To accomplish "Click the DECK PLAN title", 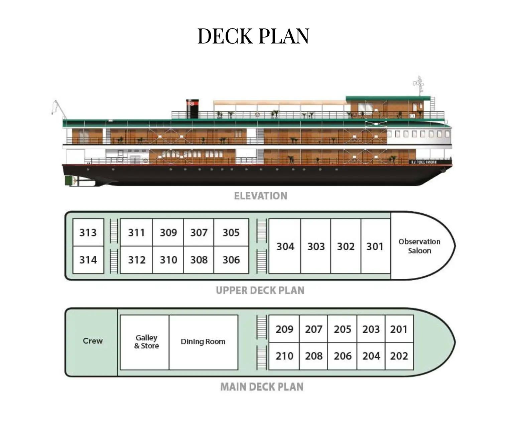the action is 253,36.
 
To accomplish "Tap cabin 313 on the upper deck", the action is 88,233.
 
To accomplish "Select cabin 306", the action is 231,260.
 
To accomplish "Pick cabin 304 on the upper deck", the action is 285,246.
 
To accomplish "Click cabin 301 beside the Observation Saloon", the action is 375,246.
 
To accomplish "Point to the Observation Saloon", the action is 419,246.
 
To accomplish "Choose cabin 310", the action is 168,260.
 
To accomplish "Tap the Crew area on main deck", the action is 93,341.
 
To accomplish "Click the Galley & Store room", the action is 146,342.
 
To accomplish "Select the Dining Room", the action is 203,342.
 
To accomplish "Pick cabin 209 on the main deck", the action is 284,329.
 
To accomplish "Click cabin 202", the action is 399,356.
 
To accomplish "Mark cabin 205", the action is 342,329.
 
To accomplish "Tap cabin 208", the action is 313,356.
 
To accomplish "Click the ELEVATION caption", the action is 260,196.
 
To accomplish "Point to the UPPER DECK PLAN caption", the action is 260,290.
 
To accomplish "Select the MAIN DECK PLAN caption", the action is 262,387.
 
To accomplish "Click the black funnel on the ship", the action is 192,108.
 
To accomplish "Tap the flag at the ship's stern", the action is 54,107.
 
